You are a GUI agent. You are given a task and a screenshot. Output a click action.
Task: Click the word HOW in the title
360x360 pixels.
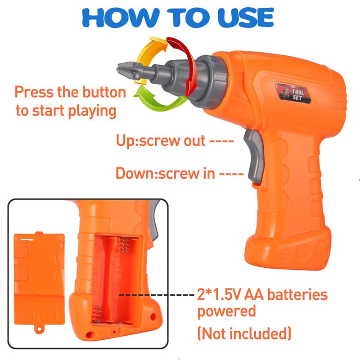click(121, 18)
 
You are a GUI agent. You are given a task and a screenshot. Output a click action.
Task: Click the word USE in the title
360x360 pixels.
click(246, 18)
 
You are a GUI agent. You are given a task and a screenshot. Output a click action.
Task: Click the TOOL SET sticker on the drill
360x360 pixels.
click(293, 93)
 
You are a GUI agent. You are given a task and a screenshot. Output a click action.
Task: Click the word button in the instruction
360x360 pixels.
click(104, 92)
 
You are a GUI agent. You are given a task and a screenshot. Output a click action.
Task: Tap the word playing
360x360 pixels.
click(92, 111)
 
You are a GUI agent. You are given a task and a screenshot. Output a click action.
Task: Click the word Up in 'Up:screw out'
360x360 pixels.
click(126, 141)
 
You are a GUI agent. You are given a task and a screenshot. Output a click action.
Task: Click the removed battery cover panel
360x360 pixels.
click(39, 279)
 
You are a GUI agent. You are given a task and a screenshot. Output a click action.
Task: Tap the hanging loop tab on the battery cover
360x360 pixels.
click(39, 329)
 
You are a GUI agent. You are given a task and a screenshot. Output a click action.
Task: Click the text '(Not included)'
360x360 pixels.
click(244, 333)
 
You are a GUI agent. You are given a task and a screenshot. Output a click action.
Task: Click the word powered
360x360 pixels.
click(227, 312)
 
